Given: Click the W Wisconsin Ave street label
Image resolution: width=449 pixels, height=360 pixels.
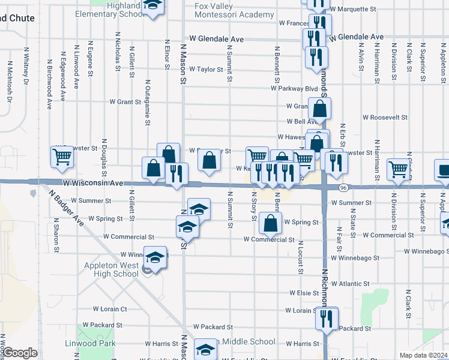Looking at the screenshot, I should click(93, 182).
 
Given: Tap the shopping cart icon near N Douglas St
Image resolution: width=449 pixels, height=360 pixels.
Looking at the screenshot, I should click(62, 158).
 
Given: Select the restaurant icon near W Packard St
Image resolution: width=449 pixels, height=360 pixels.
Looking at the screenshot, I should click(327, 318).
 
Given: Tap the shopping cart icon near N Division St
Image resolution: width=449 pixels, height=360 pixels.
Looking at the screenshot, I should click(398, 170).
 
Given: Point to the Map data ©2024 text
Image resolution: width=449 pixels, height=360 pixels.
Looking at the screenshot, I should click(424, 355).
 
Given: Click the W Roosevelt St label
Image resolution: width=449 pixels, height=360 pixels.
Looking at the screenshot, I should click(385, 118).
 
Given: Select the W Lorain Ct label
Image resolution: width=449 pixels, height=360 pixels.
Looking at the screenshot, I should click(110, 309).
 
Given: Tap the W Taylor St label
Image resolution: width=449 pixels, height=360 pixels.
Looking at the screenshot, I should click(206, 69).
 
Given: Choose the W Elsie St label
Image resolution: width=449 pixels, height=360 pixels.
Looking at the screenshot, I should click(298, 293).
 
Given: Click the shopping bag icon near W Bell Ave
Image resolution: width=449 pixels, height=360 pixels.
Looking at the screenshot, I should click(319, 109).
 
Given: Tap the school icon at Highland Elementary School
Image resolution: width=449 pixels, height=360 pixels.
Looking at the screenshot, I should click(154, 7).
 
